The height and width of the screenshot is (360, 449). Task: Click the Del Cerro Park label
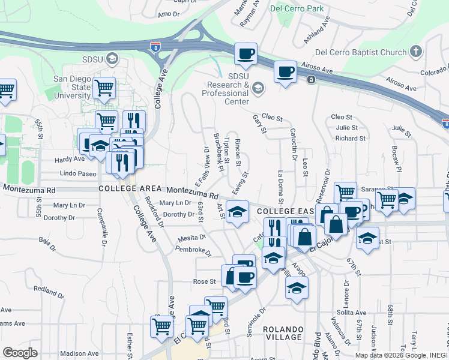tap(297, 8)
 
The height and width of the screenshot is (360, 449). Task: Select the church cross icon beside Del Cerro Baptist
tap(416, 52)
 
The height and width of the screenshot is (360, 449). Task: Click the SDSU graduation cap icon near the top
tap(113, 58)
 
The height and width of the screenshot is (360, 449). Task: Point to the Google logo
tap(20, 352)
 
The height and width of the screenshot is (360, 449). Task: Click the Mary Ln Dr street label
tap(175, 203)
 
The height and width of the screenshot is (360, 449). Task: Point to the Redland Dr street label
tap(48, 290)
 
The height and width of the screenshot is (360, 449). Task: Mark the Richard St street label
tap(346, 138)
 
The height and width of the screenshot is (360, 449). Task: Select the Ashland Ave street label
tap(318, 29)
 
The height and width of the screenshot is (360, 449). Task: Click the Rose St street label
tap(204, 281)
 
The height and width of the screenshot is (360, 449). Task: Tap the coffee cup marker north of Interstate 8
tap(246, 55)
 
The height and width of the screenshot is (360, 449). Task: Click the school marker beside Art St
tap(238, 212)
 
